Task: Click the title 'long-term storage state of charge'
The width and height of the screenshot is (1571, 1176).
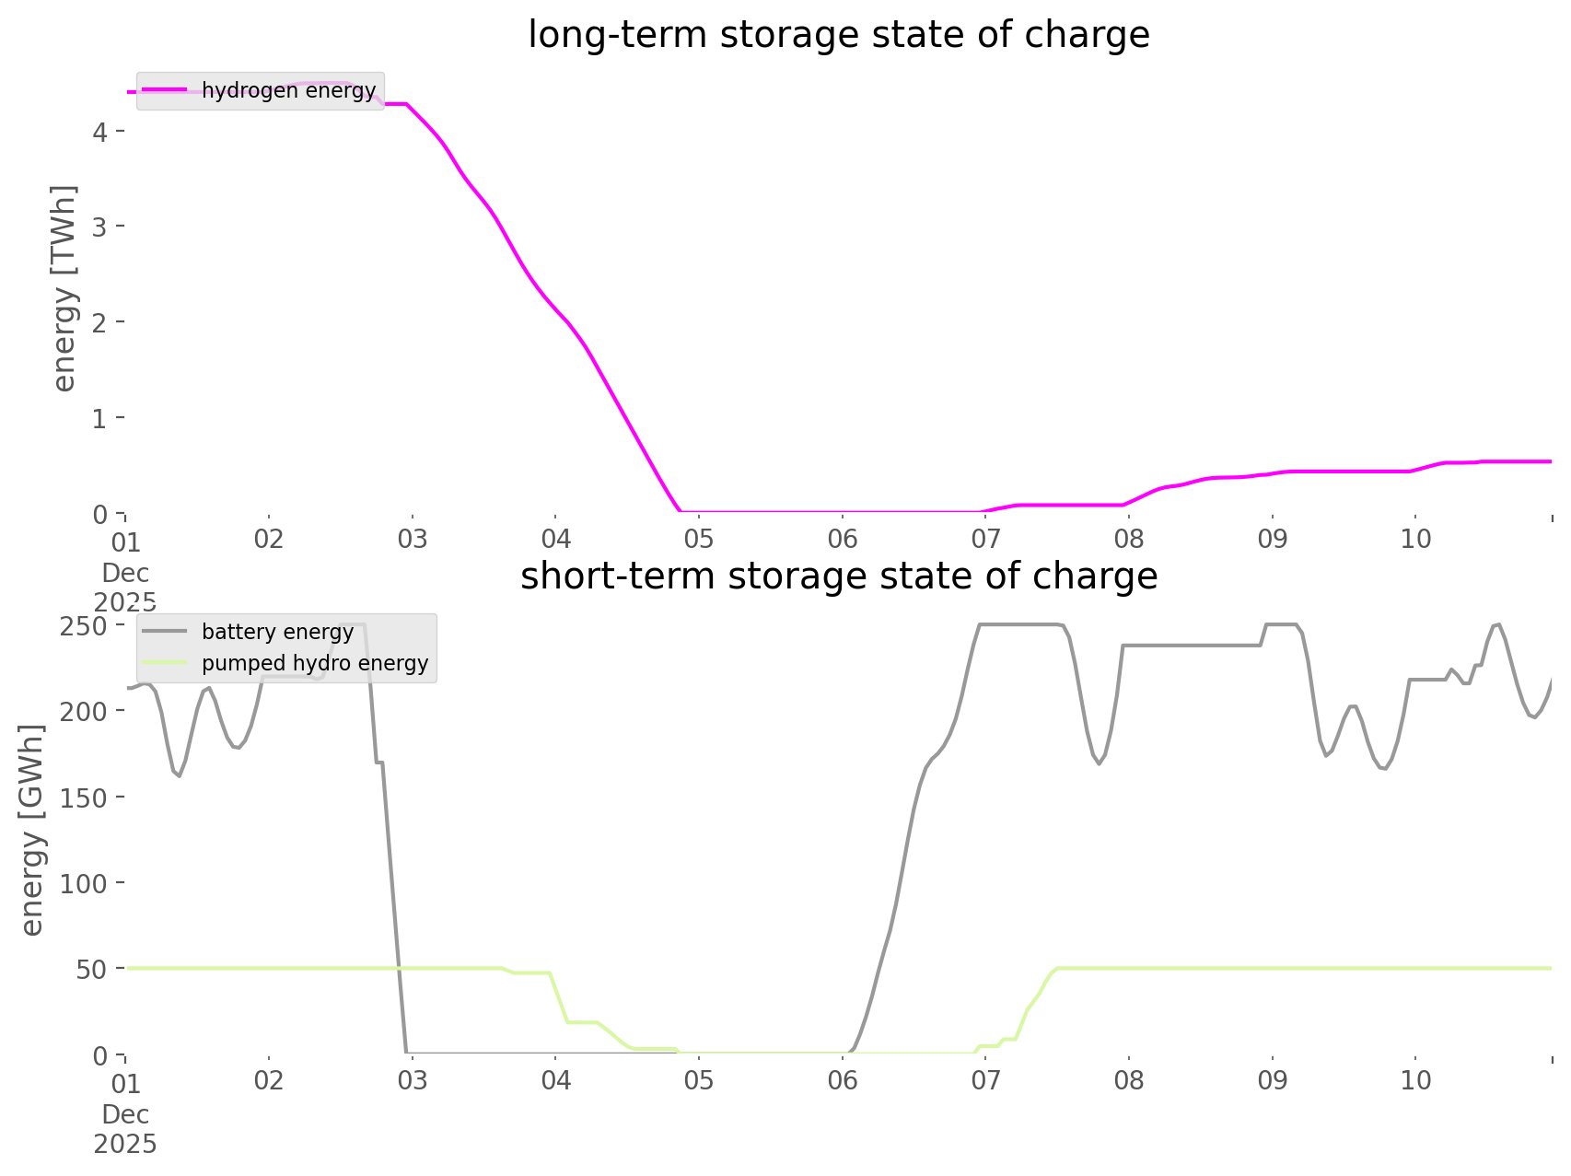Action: coord(838,35)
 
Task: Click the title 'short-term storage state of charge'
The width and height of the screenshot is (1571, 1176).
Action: coord(838,576)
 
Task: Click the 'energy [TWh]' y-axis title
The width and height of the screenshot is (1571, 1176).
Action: coord(64,288)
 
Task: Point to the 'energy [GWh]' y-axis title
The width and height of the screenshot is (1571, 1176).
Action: coord(32,830)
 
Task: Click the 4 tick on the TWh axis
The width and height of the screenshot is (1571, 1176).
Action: coord(100,131)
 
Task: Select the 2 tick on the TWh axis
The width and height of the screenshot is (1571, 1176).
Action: coord(100,321)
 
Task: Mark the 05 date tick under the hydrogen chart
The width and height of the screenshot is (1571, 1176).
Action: coord(699,539)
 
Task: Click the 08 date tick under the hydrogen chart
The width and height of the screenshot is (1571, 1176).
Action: coord(1129,539)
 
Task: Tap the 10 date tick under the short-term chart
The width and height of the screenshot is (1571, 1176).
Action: coord(1416,1080)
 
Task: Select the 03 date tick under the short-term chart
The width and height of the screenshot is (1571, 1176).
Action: coord(413,1080)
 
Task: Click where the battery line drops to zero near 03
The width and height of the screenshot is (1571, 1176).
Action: coord(406,1052)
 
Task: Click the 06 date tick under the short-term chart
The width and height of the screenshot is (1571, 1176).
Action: coord(843,1080)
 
